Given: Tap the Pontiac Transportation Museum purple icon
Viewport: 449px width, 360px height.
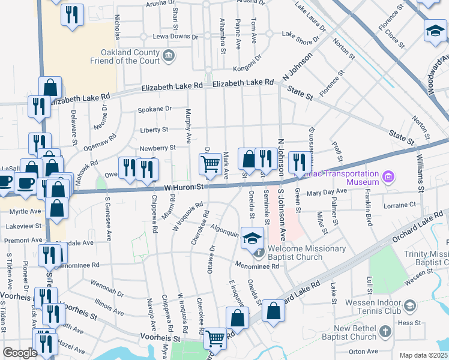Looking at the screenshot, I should click(x=388, y=177).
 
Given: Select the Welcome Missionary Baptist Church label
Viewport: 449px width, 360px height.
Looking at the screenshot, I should click(x=307, y=253).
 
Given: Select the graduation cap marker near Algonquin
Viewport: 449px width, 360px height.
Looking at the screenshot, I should click(x=253, y=236).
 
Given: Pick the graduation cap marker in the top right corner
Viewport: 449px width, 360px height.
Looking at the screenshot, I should click(x=435, y=31).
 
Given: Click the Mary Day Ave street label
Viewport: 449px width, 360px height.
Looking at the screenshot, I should click(x=327, y=192).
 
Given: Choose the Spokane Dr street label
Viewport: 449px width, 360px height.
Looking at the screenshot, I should click(x=155, y=109).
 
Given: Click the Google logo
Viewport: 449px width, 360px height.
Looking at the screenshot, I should click(x=20, y=353).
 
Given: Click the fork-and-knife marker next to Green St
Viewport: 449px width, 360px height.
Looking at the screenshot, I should click(x=298, y=161).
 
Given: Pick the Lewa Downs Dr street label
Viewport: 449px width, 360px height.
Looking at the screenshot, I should click(x=176, y=37).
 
